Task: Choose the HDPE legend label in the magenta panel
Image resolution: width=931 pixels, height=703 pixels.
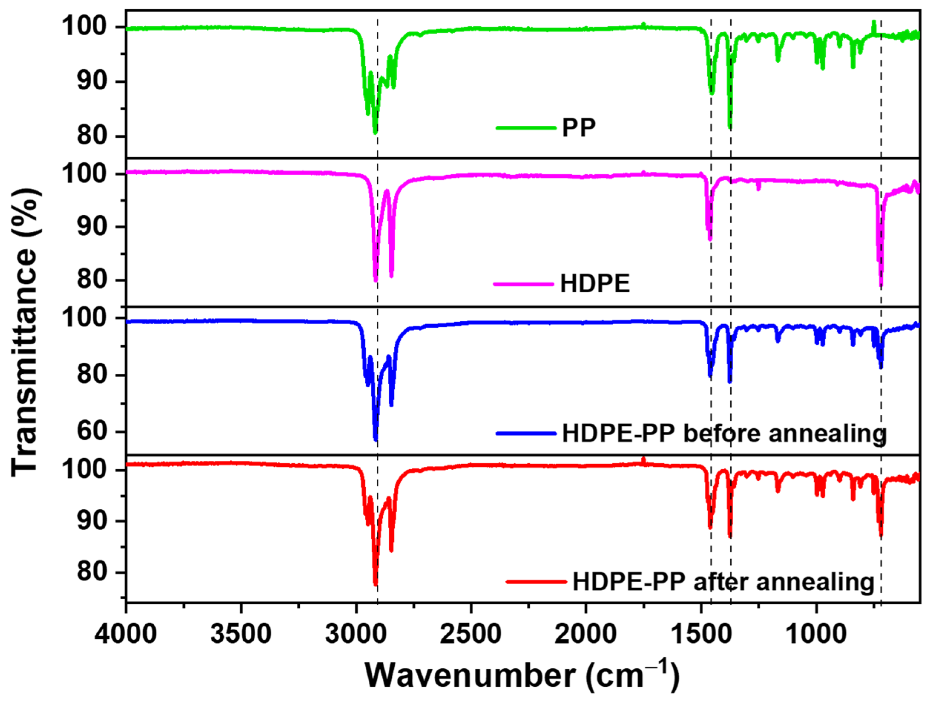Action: (x=595, y=284)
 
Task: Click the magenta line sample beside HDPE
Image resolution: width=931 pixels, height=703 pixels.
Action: (x=523, y=284)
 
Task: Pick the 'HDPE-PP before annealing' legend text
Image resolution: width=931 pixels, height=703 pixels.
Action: (x=724, y=434)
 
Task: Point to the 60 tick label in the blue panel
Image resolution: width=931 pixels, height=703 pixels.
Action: (x=91, y=432)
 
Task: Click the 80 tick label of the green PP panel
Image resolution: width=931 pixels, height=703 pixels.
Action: (x=91, y=137)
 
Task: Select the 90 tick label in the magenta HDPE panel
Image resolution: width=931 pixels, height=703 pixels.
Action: (x=91, y=227)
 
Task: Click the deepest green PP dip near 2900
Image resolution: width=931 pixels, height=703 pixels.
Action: (x=375, y=132)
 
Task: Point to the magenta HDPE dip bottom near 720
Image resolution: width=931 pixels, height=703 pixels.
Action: (x=881, y=285)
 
